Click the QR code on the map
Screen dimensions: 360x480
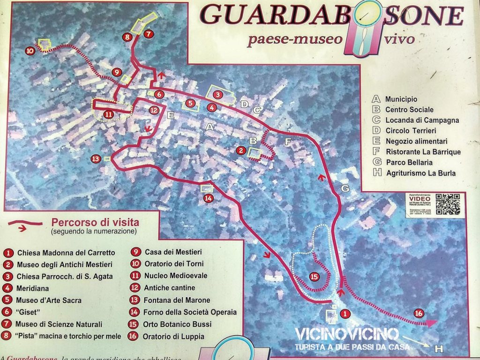point(448,204)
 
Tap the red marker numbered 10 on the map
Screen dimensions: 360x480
point(30,51)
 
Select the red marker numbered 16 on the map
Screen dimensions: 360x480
point(419,314)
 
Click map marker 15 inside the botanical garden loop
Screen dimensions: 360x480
point(314,276)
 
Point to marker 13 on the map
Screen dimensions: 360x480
point(96,159)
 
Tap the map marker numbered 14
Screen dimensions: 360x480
point(209,198)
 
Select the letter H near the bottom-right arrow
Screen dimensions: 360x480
point(439,349)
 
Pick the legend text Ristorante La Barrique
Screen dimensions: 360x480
point(423,152)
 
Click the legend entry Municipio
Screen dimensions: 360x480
point(401,99)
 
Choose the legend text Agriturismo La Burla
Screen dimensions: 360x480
point(420,173)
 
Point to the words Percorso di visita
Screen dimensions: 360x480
point(95,222)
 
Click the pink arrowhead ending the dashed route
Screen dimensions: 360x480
point(430,322)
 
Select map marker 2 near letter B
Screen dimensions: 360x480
point(240,150)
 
